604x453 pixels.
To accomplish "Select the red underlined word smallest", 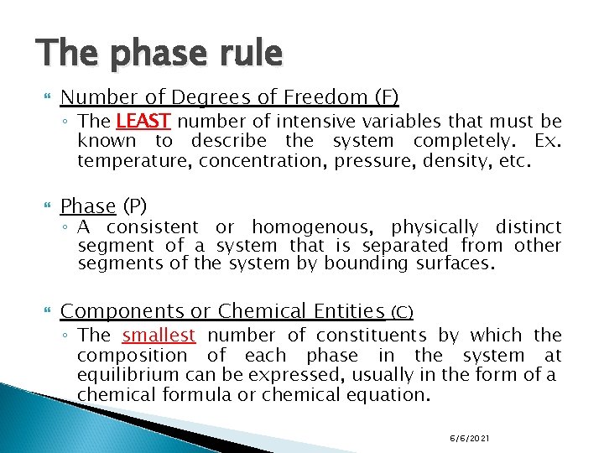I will [x=159, y=336].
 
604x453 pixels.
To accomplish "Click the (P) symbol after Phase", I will [x=134, y=206].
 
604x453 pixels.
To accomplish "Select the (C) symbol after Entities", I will [x=402, y=312].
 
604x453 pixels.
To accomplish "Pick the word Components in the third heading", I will [x=122, y=311].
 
